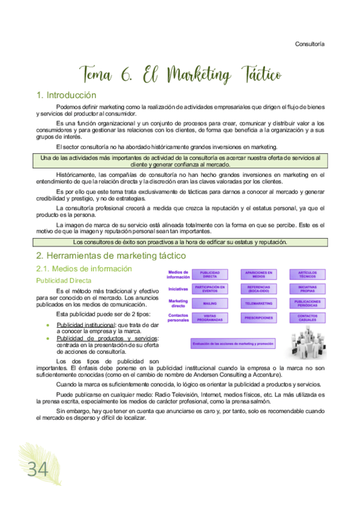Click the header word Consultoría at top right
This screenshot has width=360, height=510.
(310, 44)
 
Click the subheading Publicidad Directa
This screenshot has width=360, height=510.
(65, 280)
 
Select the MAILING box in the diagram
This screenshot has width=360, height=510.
(210, 304)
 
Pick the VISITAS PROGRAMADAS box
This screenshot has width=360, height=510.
(210, 318)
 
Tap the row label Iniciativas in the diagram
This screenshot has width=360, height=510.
(178, 289)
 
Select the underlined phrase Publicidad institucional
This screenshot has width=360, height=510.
(82, 324)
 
